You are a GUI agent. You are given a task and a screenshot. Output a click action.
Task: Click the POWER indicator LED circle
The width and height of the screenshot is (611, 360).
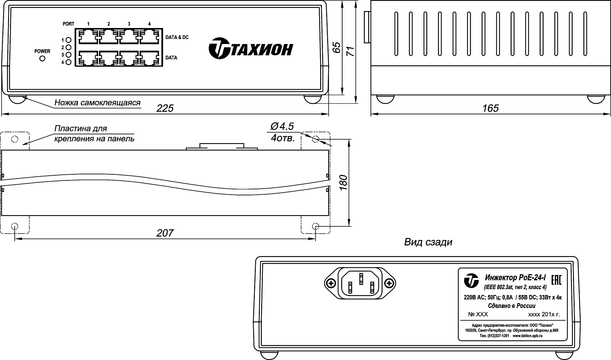pyautogui.click(x=42, y=59)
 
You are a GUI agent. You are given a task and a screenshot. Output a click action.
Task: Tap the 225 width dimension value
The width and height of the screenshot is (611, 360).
pyautogui.click(x=165, y=108)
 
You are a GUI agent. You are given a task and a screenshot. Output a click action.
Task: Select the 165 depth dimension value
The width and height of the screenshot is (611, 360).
pyautogui.click(x=490, y=108)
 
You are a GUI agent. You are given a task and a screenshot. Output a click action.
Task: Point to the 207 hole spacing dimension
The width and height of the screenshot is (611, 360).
pyautogui.click(x=165, y=233)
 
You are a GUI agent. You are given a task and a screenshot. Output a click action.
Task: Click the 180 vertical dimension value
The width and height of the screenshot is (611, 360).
pyautogui.click(x=343, y=183)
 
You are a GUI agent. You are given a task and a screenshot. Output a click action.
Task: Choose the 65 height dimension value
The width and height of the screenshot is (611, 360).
pyautogui.click(x=337, y=47)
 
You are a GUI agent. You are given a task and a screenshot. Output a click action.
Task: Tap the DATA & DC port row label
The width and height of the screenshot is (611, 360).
pyautogui.click(x=177, y=37)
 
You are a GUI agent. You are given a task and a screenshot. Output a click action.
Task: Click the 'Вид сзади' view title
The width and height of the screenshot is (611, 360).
pyautogui.click(x=428, y=242)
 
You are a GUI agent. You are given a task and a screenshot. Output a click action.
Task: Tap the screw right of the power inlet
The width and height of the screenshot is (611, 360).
pyautogui.click(x=389, y=283)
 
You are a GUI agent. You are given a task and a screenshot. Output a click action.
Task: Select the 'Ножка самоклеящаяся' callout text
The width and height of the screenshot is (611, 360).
pyautogui.click(x=97, y=103)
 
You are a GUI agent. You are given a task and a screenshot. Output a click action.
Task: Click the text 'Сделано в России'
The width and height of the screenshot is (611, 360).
pyautogui.click(x=511, y=306)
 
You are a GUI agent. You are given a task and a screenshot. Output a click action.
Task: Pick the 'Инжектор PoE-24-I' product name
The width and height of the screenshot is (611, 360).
pyautogui.click(x=515, y=277)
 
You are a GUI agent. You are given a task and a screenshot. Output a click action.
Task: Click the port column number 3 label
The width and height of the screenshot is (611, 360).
pyautogui.click(x=129, y=24)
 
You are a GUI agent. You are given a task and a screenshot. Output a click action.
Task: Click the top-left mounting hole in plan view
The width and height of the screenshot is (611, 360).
pyautogui.click(x=14, y=139)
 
